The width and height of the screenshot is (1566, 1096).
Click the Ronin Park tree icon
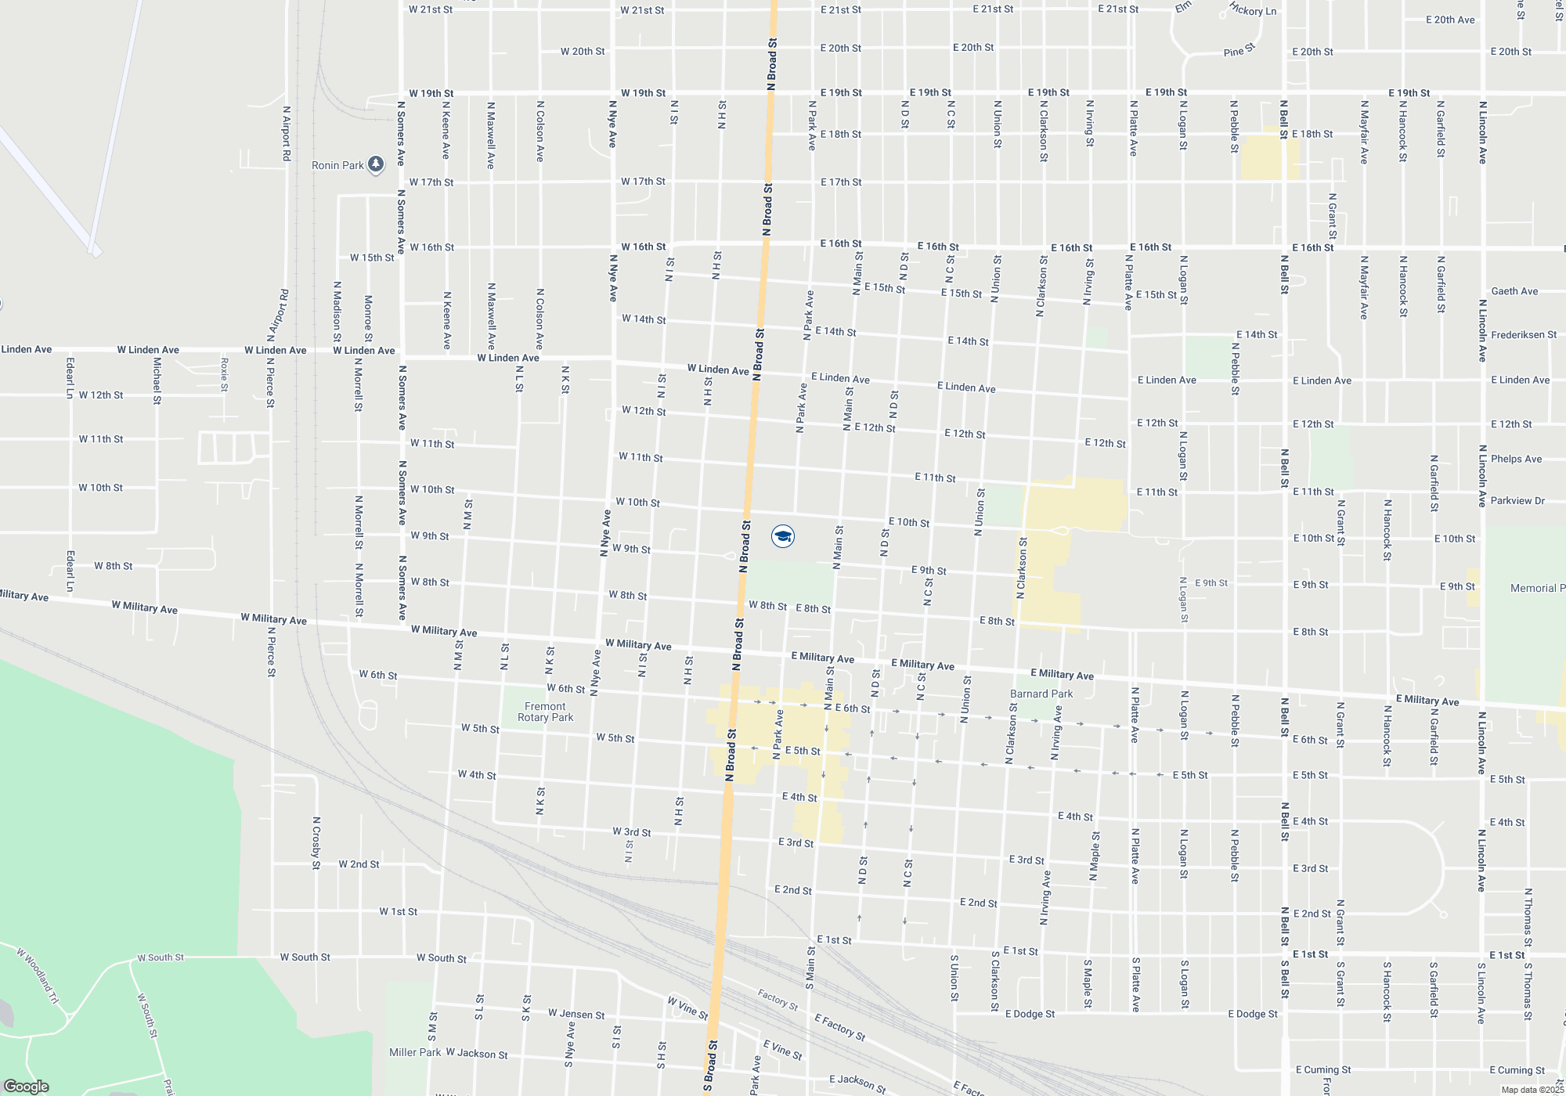click(376, 164)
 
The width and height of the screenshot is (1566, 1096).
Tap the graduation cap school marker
click(783, 535)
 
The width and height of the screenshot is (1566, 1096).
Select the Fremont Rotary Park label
click(545, 712)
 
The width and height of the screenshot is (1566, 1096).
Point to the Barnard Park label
click(1041, 694)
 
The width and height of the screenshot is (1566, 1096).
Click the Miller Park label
click(415, 1052)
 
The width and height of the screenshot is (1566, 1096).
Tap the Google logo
click(27, 1087)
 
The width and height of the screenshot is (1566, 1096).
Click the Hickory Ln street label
click(1253, 10)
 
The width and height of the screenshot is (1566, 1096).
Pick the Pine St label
click(1239, 51)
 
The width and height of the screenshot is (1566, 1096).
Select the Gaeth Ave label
click(1514, 291)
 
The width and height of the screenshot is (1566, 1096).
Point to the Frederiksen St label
click(1524, 334)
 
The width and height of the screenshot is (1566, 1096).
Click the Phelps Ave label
click(1516, 459)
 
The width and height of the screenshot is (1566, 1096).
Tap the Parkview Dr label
click(1517, 500)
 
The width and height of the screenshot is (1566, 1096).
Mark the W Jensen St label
click(576, 1014)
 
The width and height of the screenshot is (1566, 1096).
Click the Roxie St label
click(225, 374)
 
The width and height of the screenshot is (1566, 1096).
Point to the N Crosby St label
click(316, 843)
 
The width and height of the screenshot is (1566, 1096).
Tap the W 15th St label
click(372, 258)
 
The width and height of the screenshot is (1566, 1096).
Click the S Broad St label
click(711, 1065)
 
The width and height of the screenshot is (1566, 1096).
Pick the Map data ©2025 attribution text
click(1532, 1090)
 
